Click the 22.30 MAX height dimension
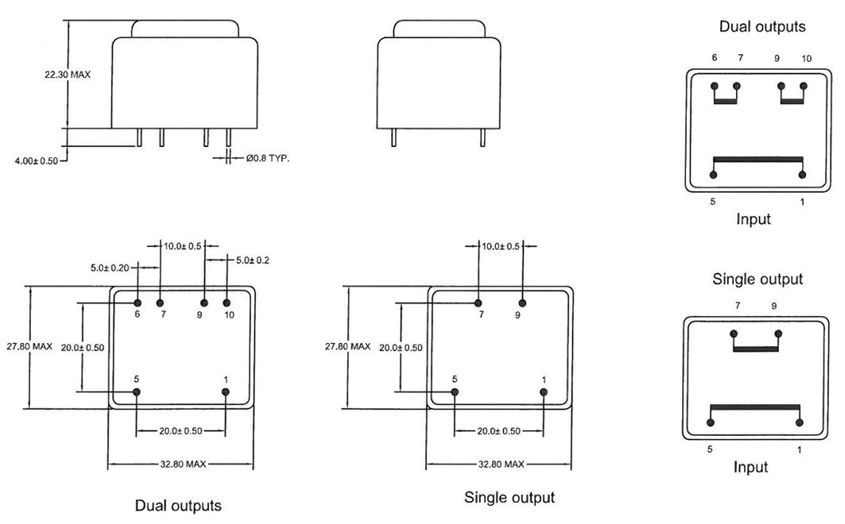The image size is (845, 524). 68,75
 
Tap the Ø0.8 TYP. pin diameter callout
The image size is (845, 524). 267,158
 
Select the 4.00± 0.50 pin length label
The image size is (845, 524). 36,161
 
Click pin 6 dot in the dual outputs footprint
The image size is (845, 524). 138,303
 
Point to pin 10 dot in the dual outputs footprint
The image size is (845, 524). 227,303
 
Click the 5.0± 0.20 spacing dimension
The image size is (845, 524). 110,268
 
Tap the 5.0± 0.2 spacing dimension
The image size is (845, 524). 252,260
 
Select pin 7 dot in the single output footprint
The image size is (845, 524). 478,303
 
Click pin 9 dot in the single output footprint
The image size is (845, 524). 522,303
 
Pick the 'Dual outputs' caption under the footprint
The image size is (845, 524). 178,506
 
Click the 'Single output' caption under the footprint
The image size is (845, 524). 510,498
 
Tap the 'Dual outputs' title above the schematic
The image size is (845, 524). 762,27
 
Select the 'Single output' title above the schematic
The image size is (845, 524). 757,279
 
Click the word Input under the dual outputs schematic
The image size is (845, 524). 754,219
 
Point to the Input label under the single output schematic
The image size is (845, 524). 750,467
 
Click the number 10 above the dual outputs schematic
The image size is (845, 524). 806,59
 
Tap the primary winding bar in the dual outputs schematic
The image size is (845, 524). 758,160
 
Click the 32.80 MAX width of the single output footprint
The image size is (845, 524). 501,464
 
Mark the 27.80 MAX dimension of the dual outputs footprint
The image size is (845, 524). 29,346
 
